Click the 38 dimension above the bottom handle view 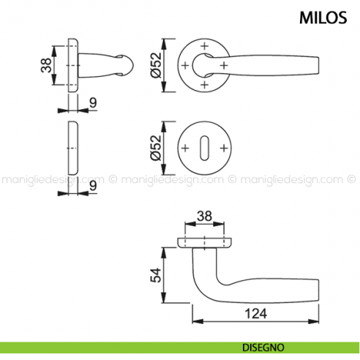(205, 217)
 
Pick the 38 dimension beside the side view (45, 67)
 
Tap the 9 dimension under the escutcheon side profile (93, 187)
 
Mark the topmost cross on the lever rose (204, 48)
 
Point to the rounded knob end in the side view (126, 67)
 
